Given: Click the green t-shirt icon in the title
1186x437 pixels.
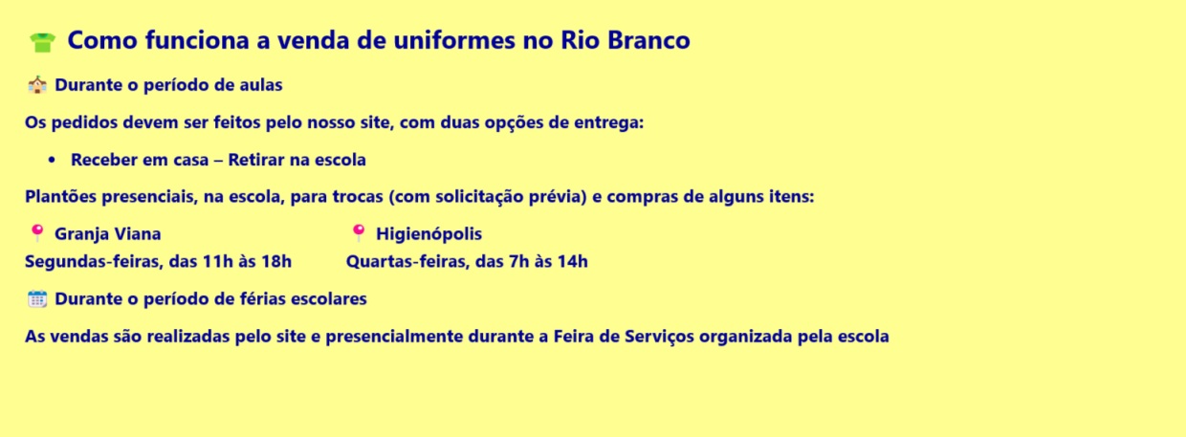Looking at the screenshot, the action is click(42, 42).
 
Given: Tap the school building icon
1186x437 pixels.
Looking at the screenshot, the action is click(37, 85).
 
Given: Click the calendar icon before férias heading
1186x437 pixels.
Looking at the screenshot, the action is click(37, 299).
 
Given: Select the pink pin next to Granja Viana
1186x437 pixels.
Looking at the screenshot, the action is click(37, 232).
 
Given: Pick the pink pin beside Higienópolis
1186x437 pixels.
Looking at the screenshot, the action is click(359, 232).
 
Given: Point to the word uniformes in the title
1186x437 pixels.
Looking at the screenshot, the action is click(453, 40).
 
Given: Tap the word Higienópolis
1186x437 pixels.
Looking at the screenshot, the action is click(428, 234).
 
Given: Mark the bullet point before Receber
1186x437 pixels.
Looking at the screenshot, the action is click(52, 160).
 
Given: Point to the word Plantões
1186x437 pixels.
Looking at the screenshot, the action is click(61, 197).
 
